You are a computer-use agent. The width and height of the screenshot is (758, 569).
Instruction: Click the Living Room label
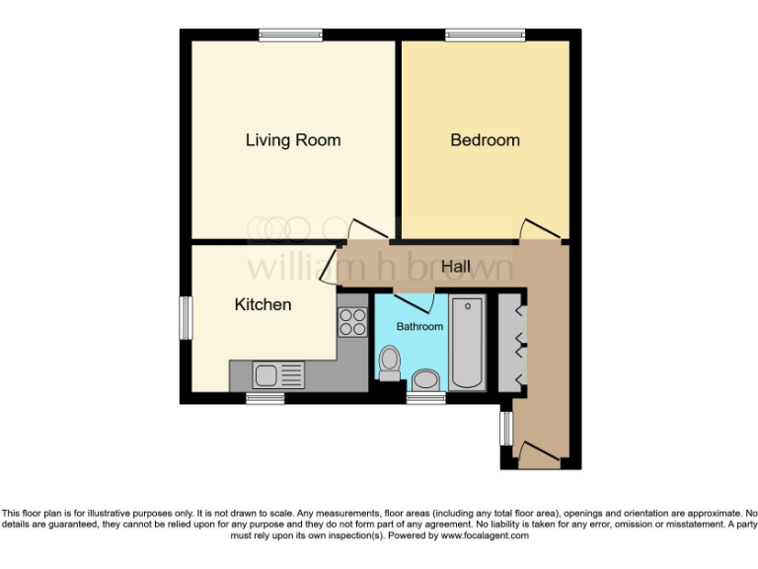tap(293, 140)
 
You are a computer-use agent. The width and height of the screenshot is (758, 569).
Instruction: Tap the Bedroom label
tap(485, 140)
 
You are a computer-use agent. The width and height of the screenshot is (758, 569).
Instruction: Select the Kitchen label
tap(263, 304)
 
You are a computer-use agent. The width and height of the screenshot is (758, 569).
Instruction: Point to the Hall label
tap(455, 267)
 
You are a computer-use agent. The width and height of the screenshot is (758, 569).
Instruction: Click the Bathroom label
tap(419, 326)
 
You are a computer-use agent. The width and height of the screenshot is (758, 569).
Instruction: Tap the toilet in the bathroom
tap(389, 362)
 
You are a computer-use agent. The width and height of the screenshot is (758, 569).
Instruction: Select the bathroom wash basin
tap(426, 378)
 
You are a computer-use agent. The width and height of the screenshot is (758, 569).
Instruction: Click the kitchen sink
tap(266, 374)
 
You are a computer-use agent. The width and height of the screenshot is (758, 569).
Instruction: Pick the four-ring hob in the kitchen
tap(352, 322)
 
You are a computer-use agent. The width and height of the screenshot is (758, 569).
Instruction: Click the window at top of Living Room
tap(291, 36)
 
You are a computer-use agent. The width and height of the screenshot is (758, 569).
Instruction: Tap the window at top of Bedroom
tap(485, 36)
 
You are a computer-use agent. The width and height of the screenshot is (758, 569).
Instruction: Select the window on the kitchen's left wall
tap(185, 318)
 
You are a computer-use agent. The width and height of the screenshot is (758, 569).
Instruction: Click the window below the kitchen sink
tap(265, 398)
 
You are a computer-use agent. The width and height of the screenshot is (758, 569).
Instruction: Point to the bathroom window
tap(425, 398)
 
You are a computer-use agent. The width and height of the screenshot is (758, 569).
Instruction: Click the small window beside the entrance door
tap(505, 428)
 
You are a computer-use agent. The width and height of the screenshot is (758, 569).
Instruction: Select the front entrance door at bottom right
tap(539, 455)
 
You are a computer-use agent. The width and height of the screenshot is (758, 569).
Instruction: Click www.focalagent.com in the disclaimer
tap(485, 535)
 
